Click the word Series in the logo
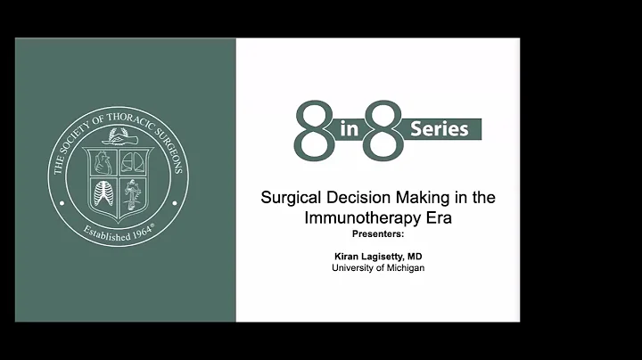(439, 128)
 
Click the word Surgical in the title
(288, 198)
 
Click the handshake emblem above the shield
(119, 136)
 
